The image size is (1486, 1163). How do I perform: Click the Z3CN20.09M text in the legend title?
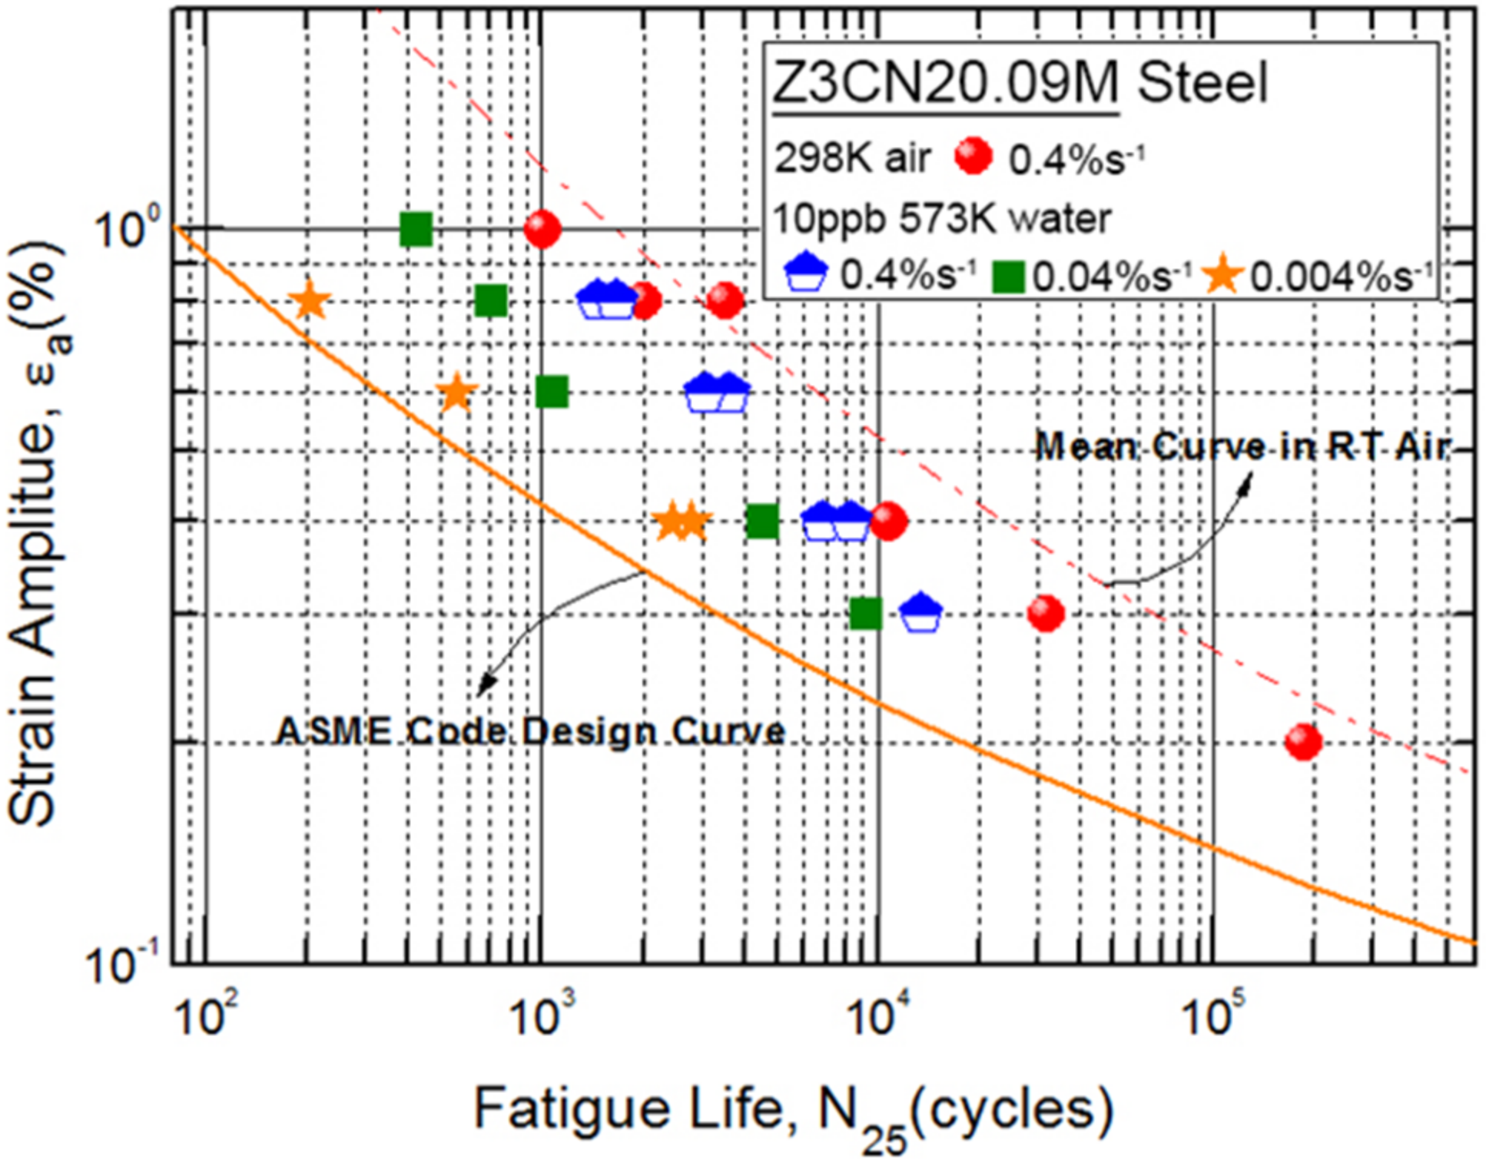coord(944,83)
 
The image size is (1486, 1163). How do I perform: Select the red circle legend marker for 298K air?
coord(974,156)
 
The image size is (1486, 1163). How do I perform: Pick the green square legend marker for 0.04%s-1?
coord(1008,277)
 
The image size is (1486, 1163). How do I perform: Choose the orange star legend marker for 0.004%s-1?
coord(1222,275)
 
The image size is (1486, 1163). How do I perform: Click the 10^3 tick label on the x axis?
coord(542,1016)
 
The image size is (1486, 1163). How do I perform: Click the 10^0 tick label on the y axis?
coord(127,227)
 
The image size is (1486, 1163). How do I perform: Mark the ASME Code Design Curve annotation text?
coord(530,731)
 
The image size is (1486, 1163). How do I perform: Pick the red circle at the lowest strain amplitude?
coord(1303,741)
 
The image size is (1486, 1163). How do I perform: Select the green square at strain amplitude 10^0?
coord(416,228)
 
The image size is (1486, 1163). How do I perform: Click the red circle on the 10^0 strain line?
coord(542,229)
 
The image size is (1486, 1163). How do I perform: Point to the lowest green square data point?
coord(866,613)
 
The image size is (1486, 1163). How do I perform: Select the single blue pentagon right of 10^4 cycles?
coord(920,613)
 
